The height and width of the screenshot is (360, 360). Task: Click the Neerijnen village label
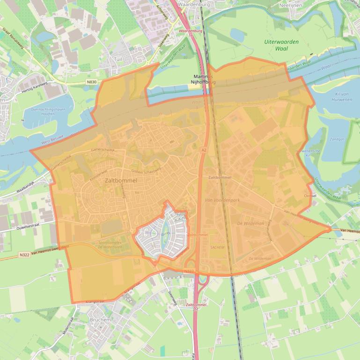pos(304,5)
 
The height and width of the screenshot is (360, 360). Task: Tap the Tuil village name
pos(118,59)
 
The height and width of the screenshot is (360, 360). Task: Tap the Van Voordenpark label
pos(222,200)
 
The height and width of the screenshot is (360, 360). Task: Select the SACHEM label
pos(217,247)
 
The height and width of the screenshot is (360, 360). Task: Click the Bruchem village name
pos(100,320)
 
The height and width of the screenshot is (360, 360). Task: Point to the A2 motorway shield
pos(204,150)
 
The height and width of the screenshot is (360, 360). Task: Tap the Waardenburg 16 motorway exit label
pos(190,33)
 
